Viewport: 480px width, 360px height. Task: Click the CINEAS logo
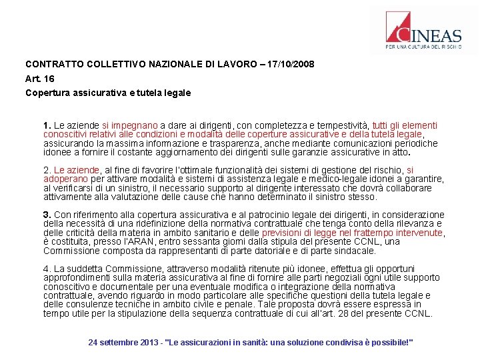tap(423, 31)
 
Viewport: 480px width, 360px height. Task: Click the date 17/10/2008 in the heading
tap(291, 65)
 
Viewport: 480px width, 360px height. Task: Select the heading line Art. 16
tap(39, 79)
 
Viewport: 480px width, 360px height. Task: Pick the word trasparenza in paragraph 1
tap(185, 143)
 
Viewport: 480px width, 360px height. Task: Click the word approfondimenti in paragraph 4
tap(77, 278)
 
